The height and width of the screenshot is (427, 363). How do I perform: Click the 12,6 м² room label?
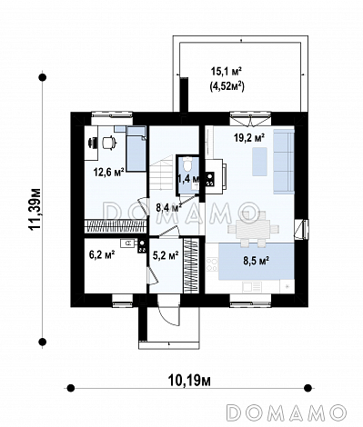point(109,173)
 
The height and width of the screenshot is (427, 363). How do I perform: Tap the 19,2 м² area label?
point(249,138)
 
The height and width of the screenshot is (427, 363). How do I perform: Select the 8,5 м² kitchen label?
point(257,261)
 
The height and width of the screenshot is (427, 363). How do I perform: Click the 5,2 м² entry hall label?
point(166,256)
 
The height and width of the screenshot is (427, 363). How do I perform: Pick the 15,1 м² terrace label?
point(226,72)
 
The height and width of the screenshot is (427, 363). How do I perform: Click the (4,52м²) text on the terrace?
point(227,87)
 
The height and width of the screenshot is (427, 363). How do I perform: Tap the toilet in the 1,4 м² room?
point(188,164)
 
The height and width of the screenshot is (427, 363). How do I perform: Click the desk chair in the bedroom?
point(109,143)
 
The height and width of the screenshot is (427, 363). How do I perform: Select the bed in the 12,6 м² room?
point(136,149)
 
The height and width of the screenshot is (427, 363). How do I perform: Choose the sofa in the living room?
point(284,161)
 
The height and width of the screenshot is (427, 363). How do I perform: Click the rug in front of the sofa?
point(259,162)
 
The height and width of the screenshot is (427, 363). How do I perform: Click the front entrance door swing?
point(168,313)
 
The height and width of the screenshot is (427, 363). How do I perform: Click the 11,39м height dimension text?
point(35,210)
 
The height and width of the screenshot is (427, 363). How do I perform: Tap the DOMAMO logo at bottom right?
point(286,412)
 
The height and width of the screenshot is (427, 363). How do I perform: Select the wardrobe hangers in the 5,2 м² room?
point(190,266)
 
